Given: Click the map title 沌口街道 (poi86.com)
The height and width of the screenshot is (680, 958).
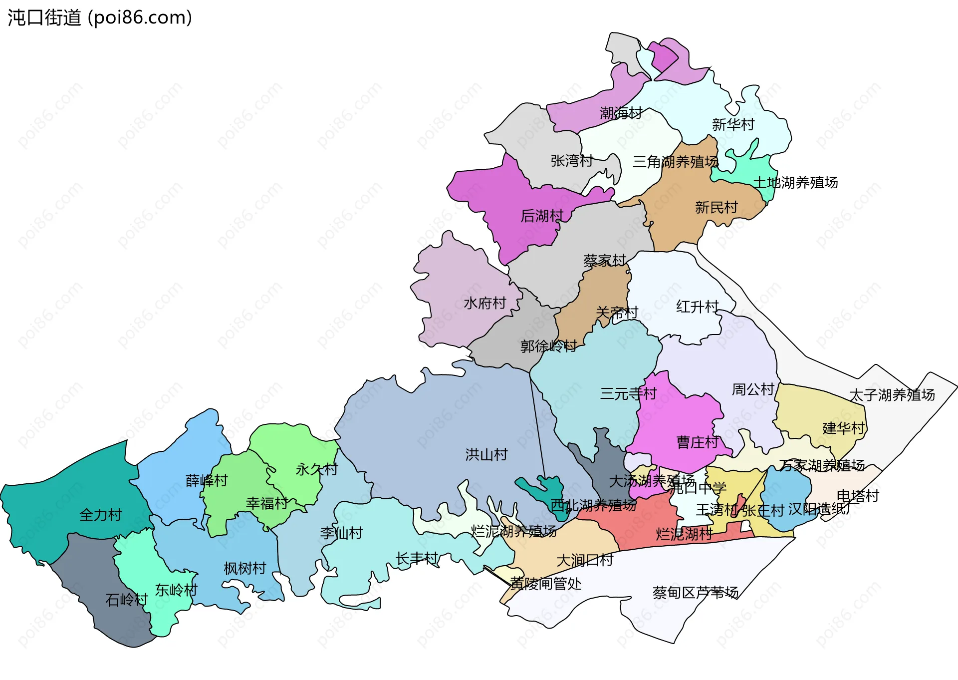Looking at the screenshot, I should click(x=100, y=17).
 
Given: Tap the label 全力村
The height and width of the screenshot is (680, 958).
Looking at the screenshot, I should click(x=100, y=515).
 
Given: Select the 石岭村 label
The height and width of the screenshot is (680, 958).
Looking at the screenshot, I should click(x=127, y=600).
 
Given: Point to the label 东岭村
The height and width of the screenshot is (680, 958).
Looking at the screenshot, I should click(x=176, y=590).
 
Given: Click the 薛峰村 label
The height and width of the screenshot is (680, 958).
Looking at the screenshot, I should click(x=207, y=481).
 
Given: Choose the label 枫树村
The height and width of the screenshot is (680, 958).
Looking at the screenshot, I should click(x=244, y=569).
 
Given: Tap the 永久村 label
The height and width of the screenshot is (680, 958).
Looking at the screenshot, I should click(x=317, y=469).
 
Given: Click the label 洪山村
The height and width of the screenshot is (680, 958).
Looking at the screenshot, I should click(x=486, y=454).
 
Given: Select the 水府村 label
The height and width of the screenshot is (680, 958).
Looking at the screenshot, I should click(x=485, y=303).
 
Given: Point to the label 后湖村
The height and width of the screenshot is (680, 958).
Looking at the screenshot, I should click(x=542, y=216).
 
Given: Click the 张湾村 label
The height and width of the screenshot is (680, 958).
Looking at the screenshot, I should click(x=572, y=161).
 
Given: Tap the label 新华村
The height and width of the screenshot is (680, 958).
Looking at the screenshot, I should click(x=733, y=124).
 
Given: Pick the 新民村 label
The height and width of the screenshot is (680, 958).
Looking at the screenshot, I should click(x=716, y=207).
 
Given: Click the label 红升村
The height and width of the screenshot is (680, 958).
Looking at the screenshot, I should click(x=697, y=307).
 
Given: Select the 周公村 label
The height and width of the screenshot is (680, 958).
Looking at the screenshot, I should click(x=753, y=389).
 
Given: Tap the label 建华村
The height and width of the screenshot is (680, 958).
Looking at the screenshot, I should click(x=843, y=428).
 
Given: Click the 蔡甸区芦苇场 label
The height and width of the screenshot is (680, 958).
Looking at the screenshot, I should click(x=696, y=593).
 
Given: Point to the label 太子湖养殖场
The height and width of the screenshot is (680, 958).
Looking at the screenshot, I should click(x=892, y=395).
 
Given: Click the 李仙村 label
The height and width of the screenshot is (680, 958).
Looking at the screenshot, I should click(x=341, y=533).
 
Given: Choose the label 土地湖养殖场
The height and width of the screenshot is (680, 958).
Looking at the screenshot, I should click(x=795, y=183).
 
